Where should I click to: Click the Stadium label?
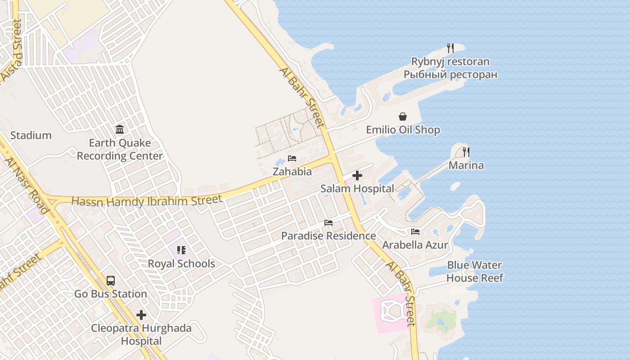[31, 135]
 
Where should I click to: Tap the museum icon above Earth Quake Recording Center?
[120, 130]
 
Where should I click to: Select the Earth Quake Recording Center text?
[120, 149]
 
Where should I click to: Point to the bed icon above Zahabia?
[292, 158]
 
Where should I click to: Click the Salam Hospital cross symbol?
[357, 175]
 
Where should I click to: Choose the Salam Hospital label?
[357, 189]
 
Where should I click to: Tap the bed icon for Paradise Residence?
[328, 223]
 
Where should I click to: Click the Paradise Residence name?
[328, 236]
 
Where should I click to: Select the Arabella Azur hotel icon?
[415, 232]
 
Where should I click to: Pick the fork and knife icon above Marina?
[466, 152]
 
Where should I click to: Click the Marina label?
[466, 165]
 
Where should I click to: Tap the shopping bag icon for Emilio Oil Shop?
[403, 117]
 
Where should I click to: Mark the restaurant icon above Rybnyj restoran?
[450, 48]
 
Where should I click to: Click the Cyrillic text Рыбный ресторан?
[450, 75]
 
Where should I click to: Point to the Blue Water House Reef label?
[475, 271]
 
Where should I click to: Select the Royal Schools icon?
[181, 250]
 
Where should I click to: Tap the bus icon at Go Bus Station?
[111, 281]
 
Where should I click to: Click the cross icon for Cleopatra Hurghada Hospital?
[141, 315]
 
